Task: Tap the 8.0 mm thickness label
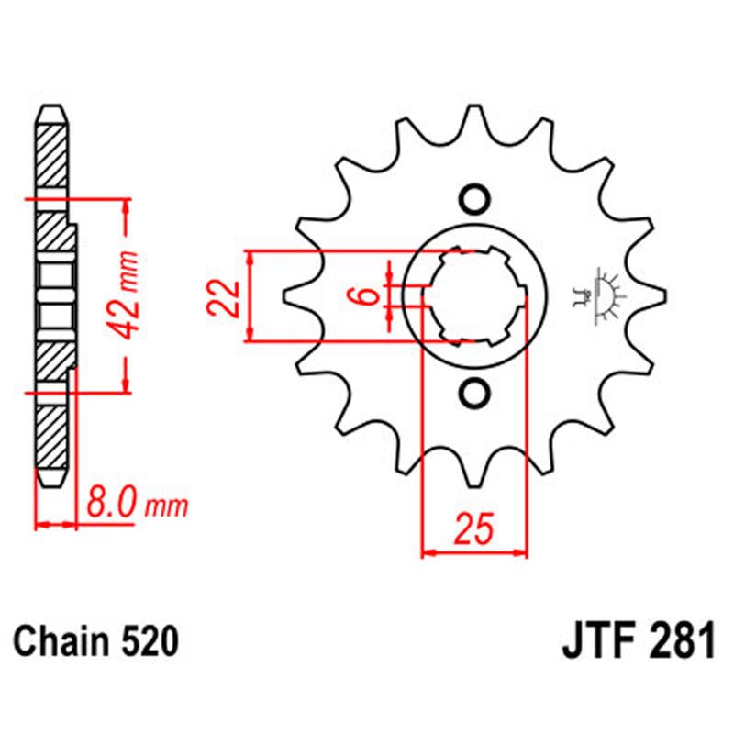coord(137,504)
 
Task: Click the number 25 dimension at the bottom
coord(475,530)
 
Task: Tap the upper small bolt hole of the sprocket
coord(474,198)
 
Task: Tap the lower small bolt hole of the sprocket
coord(474,394)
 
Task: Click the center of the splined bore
coord(474,296)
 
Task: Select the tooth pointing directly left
coord(292,295)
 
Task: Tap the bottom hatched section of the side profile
coord(51,440)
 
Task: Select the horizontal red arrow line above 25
coord(474,553)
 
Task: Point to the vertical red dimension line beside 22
coord(250,296)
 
